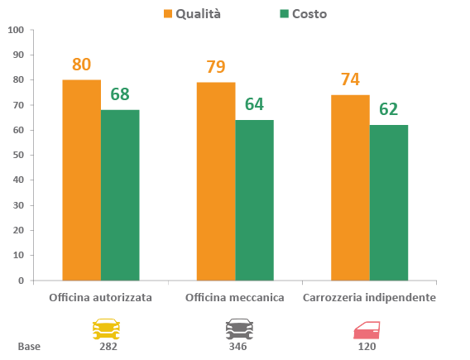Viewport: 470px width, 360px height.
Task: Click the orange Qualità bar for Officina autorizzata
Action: (x=82, y=180)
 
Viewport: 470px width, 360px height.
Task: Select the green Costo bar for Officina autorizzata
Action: (x=120, y=195)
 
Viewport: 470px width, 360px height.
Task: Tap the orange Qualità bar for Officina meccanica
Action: (x=216, y=181)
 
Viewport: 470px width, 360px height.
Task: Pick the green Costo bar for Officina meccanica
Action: (x=255, y=200)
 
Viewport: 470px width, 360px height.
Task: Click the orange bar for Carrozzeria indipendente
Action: (x=350, y=188)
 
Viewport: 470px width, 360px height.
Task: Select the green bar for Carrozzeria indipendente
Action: (x=389, y=203)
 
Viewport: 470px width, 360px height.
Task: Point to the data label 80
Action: (x=82, y=65)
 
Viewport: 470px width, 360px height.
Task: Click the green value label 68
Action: (x=120, y=94)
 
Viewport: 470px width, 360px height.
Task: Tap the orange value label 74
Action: (x=350, y=79)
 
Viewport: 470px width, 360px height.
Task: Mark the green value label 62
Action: (x=388, y=109)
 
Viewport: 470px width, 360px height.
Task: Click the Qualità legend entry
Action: (x=192, y=14)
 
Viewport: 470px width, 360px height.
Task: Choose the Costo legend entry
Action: (x=304, y=14)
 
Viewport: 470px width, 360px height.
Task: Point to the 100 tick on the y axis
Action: (x=16, y=30)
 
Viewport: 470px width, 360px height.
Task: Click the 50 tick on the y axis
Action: (x=18, y=155)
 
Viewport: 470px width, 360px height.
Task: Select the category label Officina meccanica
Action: (x=235, y=298)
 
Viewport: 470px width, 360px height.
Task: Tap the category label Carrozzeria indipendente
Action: (x=369, y=298)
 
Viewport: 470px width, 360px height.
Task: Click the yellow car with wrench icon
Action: (x=106, y=329)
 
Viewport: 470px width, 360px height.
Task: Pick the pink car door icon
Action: (x=367, y=330)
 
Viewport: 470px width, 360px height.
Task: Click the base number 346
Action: (x=238, y=347)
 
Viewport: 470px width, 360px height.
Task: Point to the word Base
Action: (x=29, y=347)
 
